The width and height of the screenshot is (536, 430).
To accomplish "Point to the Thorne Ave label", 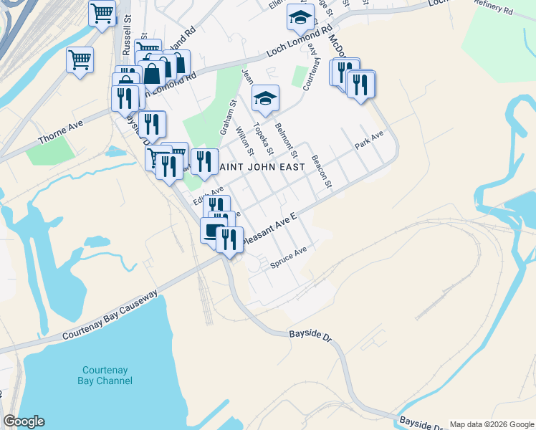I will (x=60, y=128).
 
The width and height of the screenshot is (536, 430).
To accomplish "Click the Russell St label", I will (x=128, y=28).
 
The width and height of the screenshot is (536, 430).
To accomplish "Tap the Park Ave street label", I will (x=369, y=140).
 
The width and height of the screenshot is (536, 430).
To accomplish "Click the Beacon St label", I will (x=321, y=172).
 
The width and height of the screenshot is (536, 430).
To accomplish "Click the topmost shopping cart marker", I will (x=102, y=12).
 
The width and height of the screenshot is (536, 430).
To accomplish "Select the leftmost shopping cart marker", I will (x=80, y=59).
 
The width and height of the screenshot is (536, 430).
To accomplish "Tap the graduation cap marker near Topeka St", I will (x=265, y=98).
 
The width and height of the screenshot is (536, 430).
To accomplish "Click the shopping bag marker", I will (x=153, y=72).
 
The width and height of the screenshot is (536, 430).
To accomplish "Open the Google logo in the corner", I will (x=24, y=421).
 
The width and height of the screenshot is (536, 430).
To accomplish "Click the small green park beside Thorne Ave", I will (x=51, y=148).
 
